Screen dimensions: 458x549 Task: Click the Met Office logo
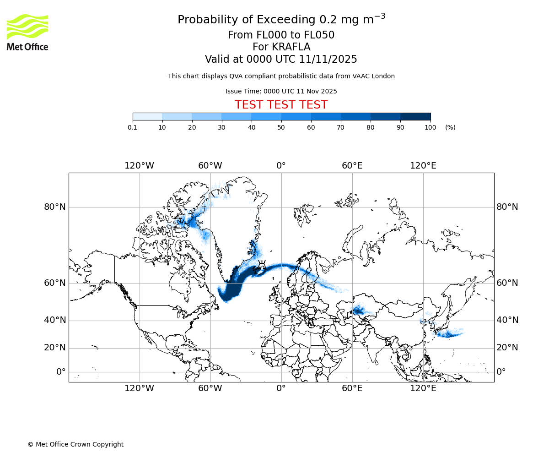tap(27, 32)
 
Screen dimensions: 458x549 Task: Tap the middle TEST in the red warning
tap(281, 105)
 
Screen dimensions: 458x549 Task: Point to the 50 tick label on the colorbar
tap(281, 127)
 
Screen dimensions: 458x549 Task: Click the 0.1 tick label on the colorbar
tap(133, 127)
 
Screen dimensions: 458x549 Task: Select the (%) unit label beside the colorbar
tap(450, 127)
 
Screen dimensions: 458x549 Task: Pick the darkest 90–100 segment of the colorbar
tap(415, 116)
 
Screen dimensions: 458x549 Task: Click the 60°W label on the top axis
tap(210, 165)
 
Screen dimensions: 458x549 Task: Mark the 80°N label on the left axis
tap(55, 207)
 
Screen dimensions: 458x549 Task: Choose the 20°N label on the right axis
tap(507, 348)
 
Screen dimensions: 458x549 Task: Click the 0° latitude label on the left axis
tap(61, 371)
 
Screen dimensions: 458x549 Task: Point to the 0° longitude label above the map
tap(281, 165)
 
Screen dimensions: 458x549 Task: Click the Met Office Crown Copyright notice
tap(75, 444)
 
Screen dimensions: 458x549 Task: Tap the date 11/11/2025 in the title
tap(328, 60)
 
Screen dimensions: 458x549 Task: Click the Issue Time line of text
tap(281, 91)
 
